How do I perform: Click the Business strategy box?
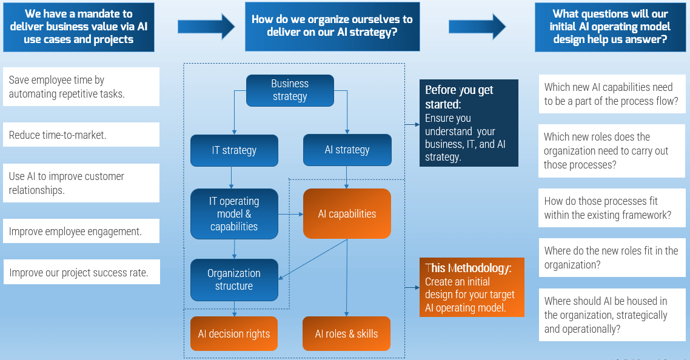290,90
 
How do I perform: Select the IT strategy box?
234,150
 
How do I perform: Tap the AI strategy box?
347,150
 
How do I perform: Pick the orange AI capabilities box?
347,214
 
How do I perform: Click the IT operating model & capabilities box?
234,214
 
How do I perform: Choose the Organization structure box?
234,280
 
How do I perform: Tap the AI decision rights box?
234,333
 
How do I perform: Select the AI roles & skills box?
346,333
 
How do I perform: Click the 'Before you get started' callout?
469,123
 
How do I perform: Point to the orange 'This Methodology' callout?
472,287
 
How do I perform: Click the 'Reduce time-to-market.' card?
81,135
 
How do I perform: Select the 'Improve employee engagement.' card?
81,231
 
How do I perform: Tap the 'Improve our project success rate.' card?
82,272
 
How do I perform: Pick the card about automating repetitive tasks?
81,87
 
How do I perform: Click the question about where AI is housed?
612,315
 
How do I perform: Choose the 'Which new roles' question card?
612,150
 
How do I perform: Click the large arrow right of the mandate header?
206,27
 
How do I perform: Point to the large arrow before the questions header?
477,27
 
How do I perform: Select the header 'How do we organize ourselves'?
332,27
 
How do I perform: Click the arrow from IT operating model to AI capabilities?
290,215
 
